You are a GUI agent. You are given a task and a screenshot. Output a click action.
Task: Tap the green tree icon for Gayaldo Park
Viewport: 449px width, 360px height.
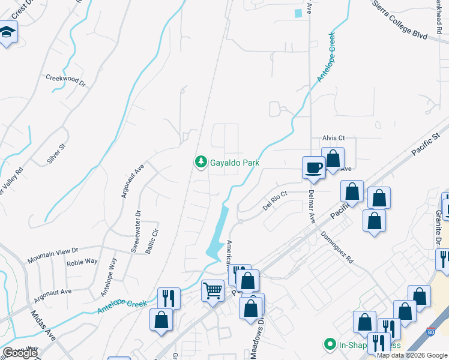[x=200, y=162]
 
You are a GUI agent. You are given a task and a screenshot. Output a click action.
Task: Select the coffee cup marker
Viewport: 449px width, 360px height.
[x=313, y=167]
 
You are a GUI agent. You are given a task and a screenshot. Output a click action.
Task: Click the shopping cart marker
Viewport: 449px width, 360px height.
[x=212, y=292]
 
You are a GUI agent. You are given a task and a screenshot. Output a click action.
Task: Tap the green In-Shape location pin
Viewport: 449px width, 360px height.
[x=329, y=345]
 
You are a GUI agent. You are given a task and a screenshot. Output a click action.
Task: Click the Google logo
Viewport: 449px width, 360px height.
[x=20, y=353]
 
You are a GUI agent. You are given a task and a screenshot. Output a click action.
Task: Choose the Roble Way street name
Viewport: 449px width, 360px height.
[x=82, y=262]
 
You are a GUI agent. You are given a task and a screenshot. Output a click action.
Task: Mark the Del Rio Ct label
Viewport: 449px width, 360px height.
[x=276, y=201]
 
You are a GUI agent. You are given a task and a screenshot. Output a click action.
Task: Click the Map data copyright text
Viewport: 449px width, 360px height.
[x=412, y=355]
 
